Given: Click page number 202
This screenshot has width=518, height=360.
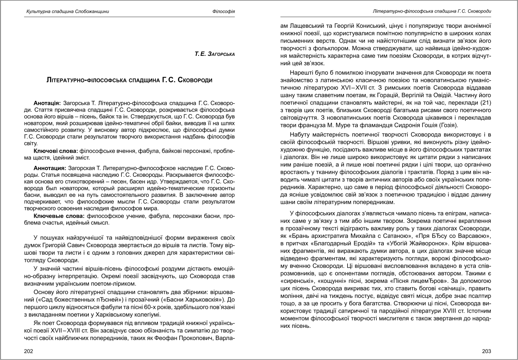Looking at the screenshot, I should coord(29,350).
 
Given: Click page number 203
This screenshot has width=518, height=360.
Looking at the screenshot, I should coord(486,350).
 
